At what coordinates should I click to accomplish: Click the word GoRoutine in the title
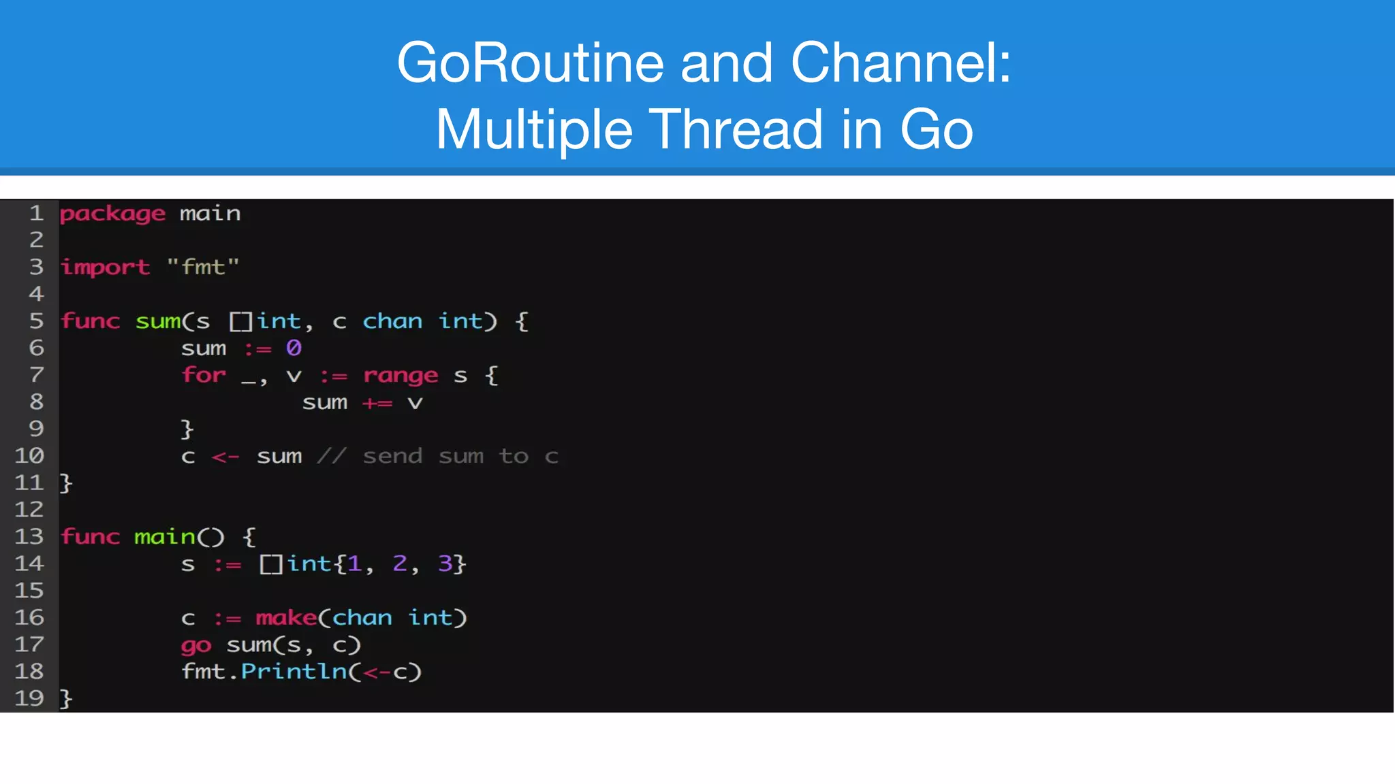click(530, 63)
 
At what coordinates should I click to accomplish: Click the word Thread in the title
click(736, 129)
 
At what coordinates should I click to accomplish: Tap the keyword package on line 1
click(112, 214)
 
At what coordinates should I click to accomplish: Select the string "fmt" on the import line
click(203, 267)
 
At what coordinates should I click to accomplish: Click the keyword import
click(106, 267)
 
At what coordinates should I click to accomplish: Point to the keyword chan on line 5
click(392, 321)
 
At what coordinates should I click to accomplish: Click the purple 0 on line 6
click(294, 348)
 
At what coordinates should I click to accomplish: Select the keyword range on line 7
click(401, 376)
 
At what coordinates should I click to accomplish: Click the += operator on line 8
click(377, 403)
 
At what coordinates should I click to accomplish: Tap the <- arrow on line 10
click(225, 457)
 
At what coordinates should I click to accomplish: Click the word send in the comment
click(392, 457)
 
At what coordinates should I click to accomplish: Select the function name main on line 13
click(165, 537)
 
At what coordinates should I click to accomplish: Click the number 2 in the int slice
click(400, 563)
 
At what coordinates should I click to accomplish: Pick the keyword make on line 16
click(286, 618)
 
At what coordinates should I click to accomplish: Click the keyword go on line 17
click(196, 645)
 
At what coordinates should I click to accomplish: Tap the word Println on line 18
click(294, 672)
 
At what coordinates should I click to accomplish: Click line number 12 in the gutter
click(29, 510)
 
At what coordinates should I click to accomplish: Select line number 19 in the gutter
click(29, 698)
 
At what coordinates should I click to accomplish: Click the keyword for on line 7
click(204, 376)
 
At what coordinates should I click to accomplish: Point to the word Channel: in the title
click(900, 63)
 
